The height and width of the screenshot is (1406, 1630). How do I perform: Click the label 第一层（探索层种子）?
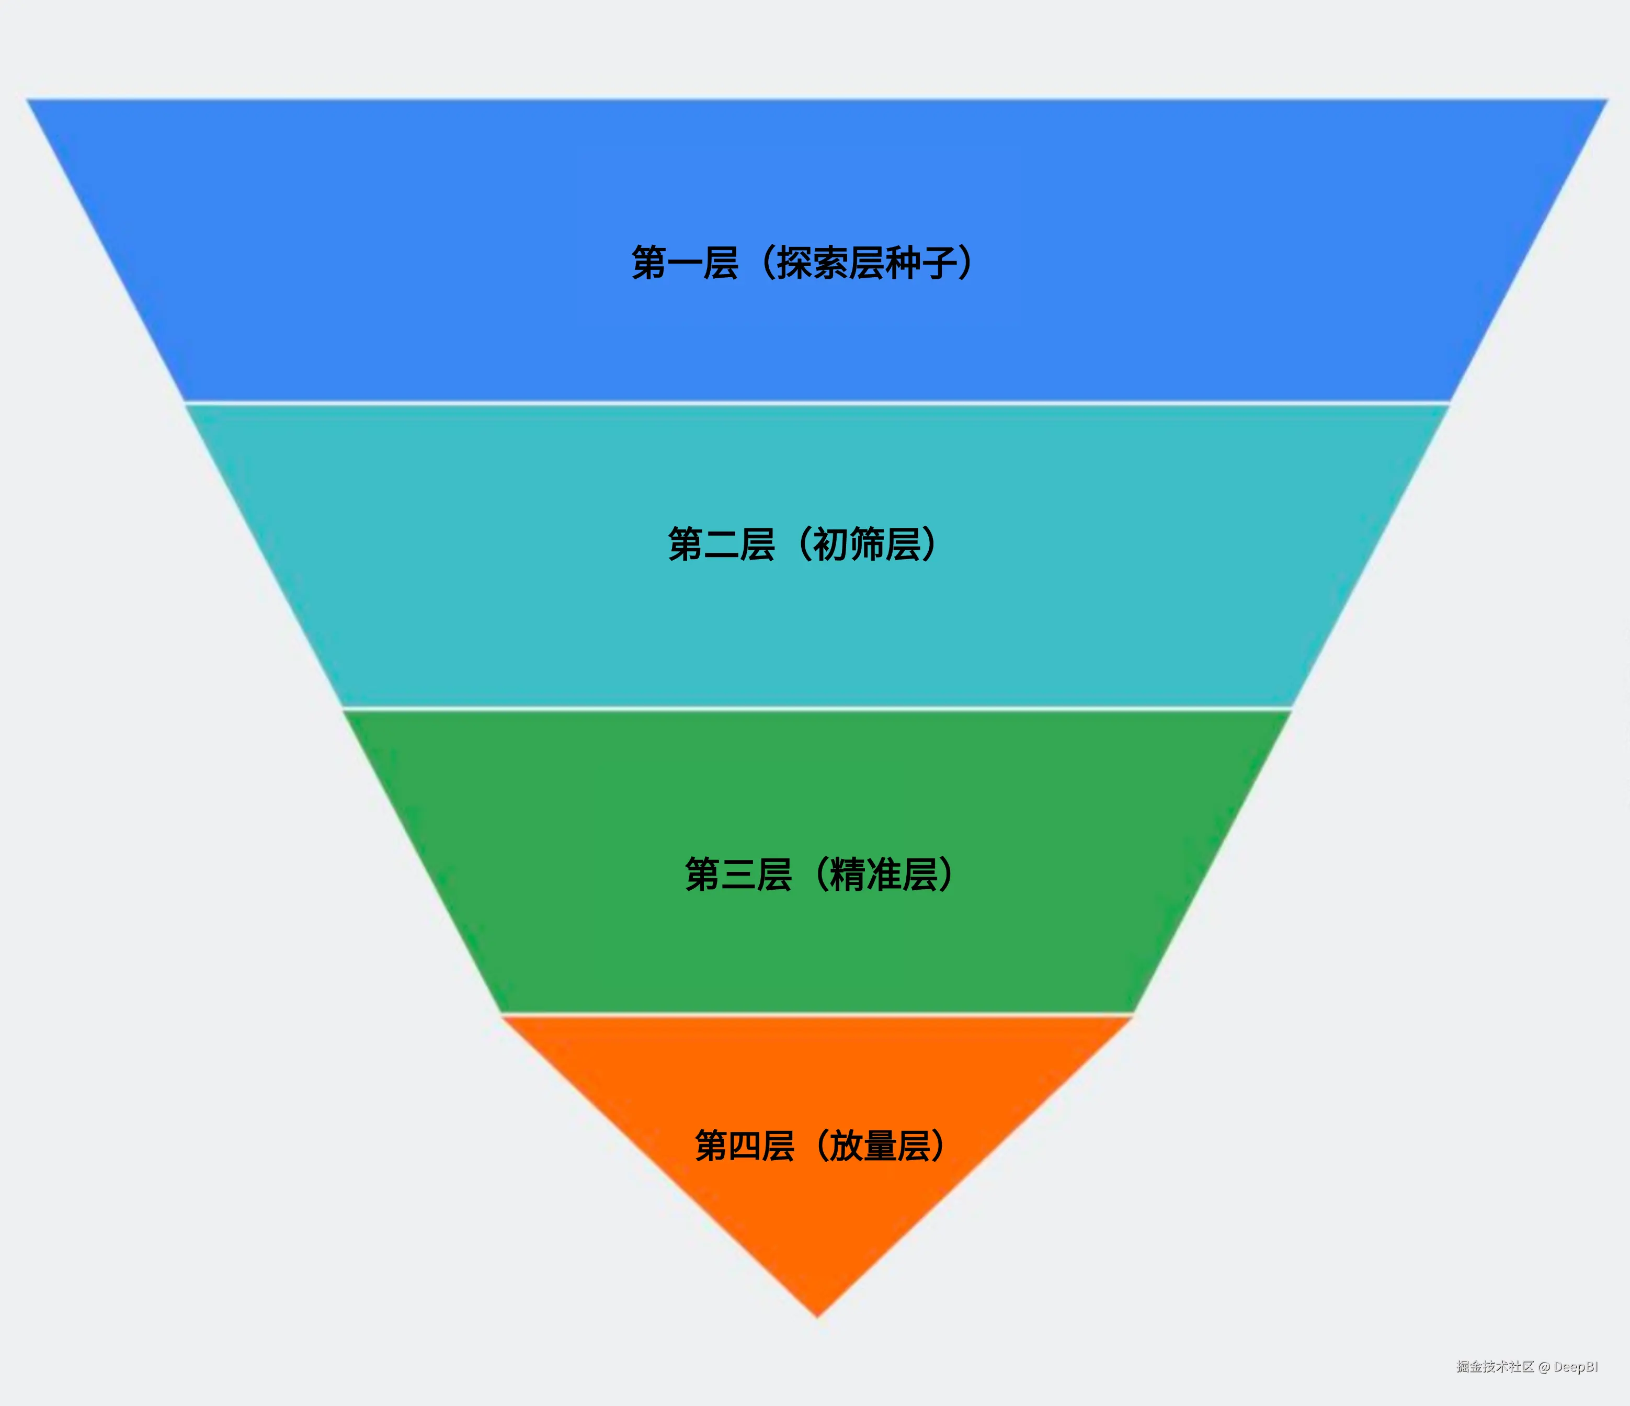[802, 263]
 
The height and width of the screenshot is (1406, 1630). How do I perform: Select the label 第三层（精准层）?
[819, 874]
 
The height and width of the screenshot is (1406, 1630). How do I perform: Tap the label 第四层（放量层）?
[820, 1146]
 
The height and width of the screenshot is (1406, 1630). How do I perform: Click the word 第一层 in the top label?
[685, 263]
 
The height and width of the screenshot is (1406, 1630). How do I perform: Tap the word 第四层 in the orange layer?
[744, 1146]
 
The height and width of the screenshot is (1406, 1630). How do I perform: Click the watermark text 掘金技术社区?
[1495, 1367]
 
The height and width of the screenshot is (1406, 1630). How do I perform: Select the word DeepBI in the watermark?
[1576, 1367]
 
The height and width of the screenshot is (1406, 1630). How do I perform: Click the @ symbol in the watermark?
[1544, 1367]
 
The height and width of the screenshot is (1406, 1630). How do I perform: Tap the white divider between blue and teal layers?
[817, 403]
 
